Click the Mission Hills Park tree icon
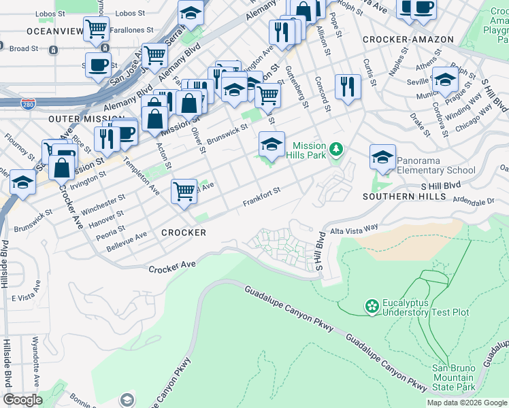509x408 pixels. point(335,149)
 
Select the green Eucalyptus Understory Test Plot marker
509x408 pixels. point(372,307)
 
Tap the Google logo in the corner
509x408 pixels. point(22,400)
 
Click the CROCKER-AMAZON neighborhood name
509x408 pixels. point(408,39)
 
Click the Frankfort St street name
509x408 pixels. point(262,198)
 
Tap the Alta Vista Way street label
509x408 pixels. point(354,231)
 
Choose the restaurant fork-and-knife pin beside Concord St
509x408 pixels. point(348,86)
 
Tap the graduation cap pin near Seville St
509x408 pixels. point(445,79)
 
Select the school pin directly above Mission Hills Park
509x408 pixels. point(271,143)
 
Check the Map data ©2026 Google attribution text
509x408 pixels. point(467,403)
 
